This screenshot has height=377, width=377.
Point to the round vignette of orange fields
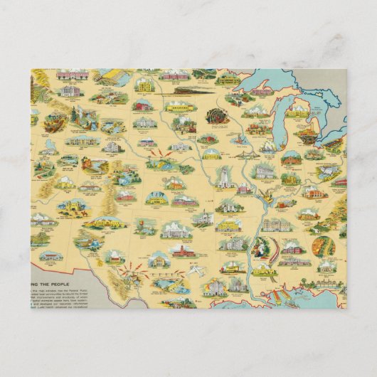324,245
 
